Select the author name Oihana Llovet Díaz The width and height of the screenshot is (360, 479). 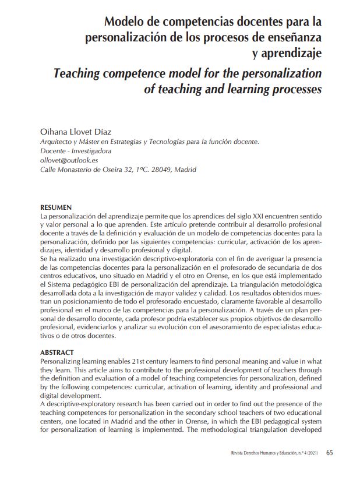click(x=78, y=132)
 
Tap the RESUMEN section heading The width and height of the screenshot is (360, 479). click(x=56, y=207)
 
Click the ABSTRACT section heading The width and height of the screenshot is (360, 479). click(x=57, y=353)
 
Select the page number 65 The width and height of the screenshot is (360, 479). click(x=330, y=452)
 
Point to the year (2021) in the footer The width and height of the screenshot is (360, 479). click(x=312, y=453)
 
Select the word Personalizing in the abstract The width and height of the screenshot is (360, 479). click(x=61, y=362)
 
